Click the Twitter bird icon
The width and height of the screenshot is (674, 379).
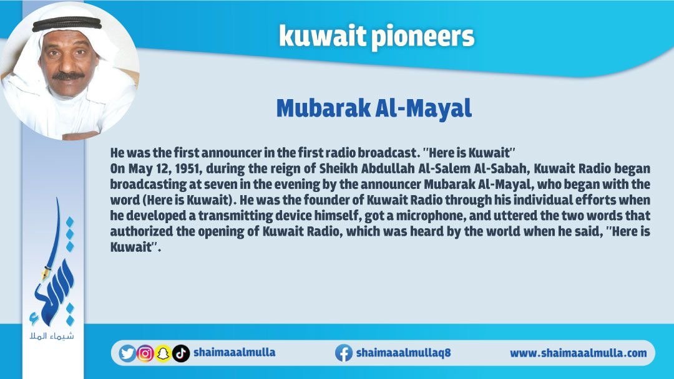127,353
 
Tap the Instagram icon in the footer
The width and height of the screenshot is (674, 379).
145,353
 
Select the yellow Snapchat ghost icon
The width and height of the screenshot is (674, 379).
163,353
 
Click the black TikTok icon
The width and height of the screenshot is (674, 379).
181,353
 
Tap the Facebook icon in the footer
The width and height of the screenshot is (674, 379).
344,353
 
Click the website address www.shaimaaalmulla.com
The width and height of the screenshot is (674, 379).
578,353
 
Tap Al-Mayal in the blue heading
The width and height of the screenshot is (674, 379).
424,108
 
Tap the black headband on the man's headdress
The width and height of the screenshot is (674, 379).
67,24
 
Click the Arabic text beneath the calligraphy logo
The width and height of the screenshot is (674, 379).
52,335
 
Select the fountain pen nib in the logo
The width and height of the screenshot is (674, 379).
46,272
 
